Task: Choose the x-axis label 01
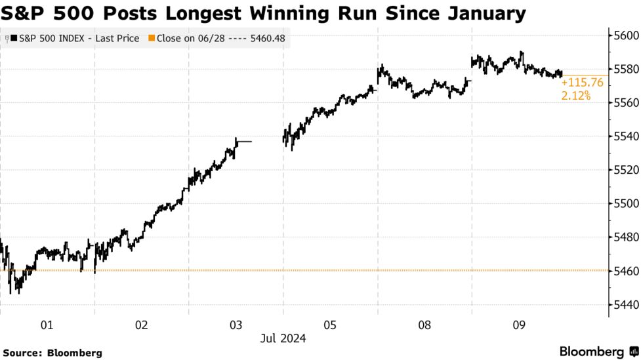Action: tap(47, 325)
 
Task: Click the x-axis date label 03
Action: tap(236, 325)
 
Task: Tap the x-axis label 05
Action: tap(329, 325)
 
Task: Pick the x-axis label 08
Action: tap(424, 325)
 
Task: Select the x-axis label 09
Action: tap(518, 325)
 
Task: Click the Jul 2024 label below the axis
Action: tap(283, 338)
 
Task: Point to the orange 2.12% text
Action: tap(575, 96)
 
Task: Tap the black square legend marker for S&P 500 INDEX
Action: tap(14, 39)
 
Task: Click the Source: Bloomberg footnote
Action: tap(52, 353)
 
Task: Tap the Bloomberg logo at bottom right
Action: tap(596, 351)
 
